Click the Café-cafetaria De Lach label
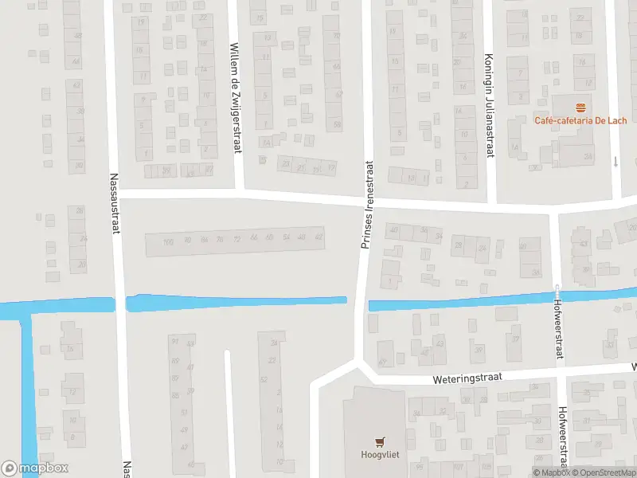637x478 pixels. click(x=580, y=120)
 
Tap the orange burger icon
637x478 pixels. click(x=580, y=107)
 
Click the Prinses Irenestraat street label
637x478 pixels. click(x=366, y=206)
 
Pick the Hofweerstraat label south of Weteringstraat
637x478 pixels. click(x=562, y=436)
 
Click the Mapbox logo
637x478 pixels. click(x=35, y=468)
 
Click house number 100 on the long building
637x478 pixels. click(x=167, y=241)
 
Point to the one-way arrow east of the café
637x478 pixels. click(x=616, y=162)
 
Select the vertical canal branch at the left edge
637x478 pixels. click(x=26, y=390)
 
